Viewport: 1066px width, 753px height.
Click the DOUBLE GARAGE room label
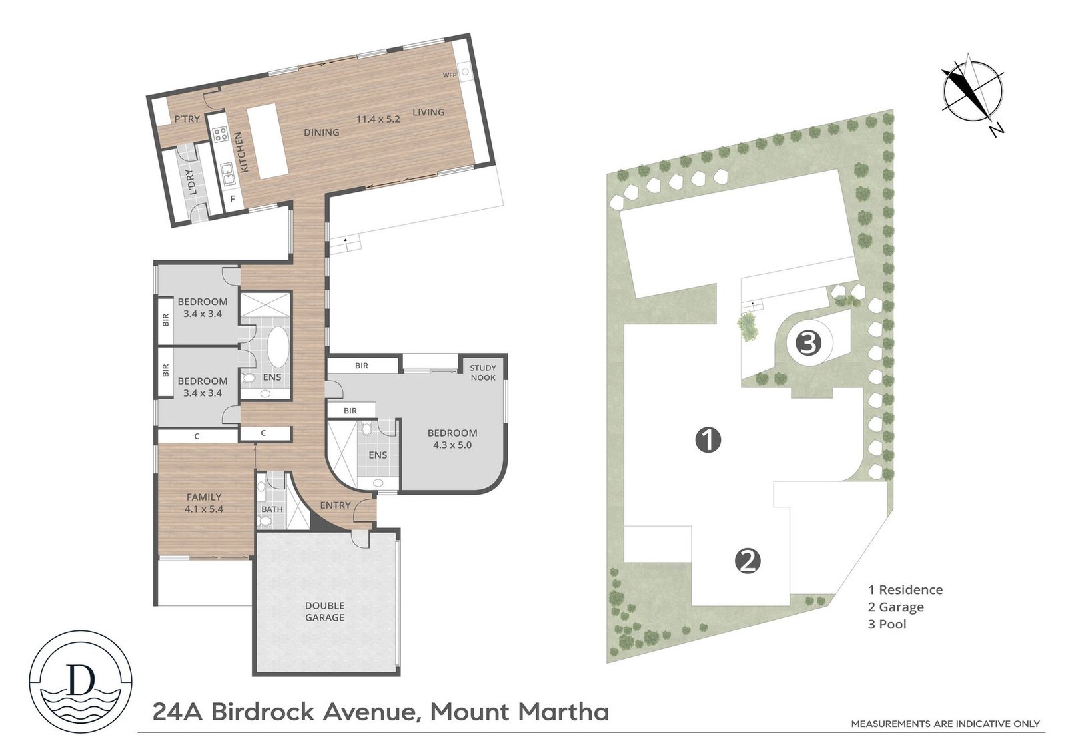point(324,611)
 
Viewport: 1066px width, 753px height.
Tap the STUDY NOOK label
point(483,372)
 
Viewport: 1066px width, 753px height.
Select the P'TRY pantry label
point(187,119)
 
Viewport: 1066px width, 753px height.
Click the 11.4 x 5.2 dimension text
point(378,119)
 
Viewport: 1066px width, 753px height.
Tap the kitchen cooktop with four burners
point(220,135)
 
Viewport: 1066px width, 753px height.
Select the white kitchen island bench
point(267,140)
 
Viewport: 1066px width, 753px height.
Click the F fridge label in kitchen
point(233,198)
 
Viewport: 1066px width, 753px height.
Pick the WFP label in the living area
point(450,75)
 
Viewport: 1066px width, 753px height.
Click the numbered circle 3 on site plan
point(807,344)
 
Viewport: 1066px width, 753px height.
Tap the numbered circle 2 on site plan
point(748,561)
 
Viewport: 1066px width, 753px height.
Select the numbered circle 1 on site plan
point(708,439)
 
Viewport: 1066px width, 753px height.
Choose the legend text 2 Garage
point(895,607)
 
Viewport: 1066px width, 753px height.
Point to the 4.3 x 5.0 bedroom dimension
point(452,445)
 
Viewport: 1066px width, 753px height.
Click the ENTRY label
point(335,505)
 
